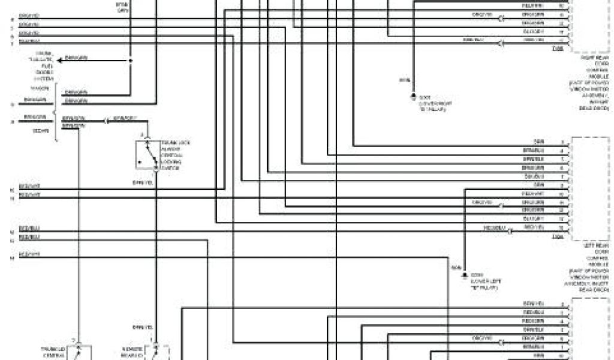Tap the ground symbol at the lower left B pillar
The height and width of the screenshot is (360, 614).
click(x=464, y=275)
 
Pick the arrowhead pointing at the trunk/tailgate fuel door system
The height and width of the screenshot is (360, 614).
click(x=59, y=60)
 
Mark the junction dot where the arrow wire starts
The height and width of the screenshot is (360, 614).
click(x=130, y=60)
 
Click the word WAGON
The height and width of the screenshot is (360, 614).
click(x=40, y=88)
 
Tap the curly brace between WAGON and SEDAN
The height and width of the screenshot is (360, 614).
click(x=55, y=112)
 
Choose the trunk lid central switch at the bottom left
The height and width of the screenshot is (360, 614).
click(x=80, y=353)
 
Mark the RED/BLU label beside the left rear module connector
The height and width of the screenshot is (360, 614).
click(x=494, y=228)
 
